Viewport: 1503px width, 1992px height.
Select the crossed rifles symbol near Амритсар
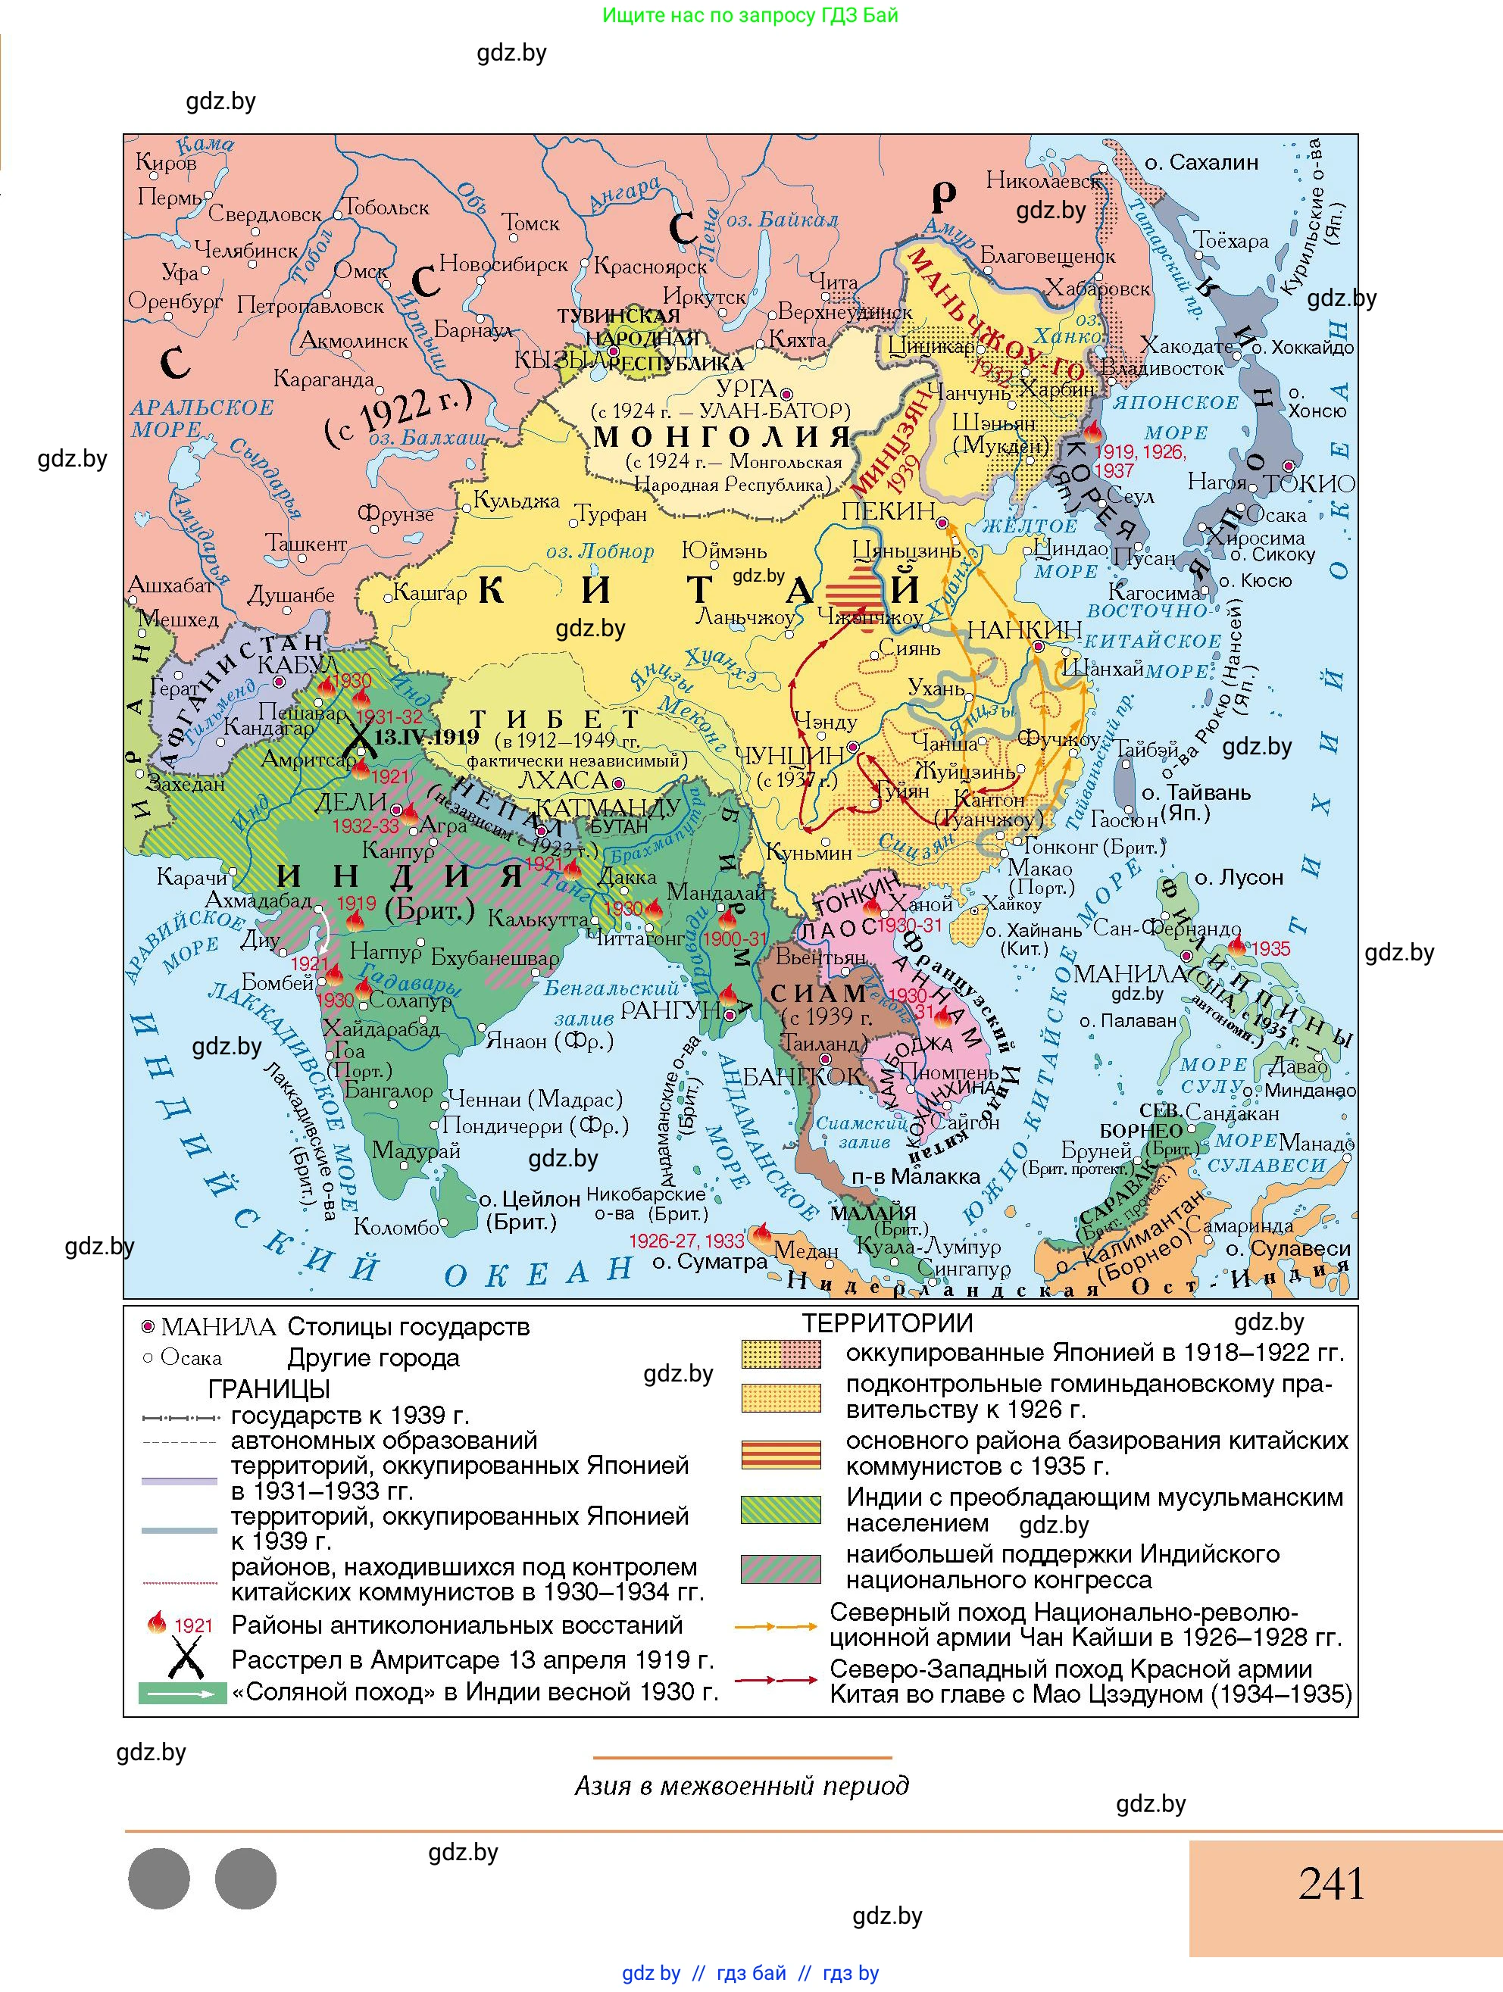359,738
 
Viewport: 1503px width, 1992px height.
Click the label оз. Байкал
782,220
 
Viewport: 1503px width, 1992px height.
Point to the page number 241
1331,1884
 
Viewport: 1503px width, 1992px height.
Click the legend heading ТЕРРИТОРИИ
887,1323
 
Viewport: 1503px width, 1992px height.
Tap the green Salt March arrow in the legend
183,1693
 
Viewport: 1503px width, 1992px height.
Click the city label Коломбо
395,1226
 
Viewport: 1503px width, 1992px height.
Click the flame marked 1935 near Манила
1236,944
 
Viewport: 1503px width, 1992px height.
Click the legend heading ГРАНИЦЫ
268,1388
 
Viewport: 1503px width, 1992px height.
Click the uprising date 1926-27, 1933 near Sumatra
686,1241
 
